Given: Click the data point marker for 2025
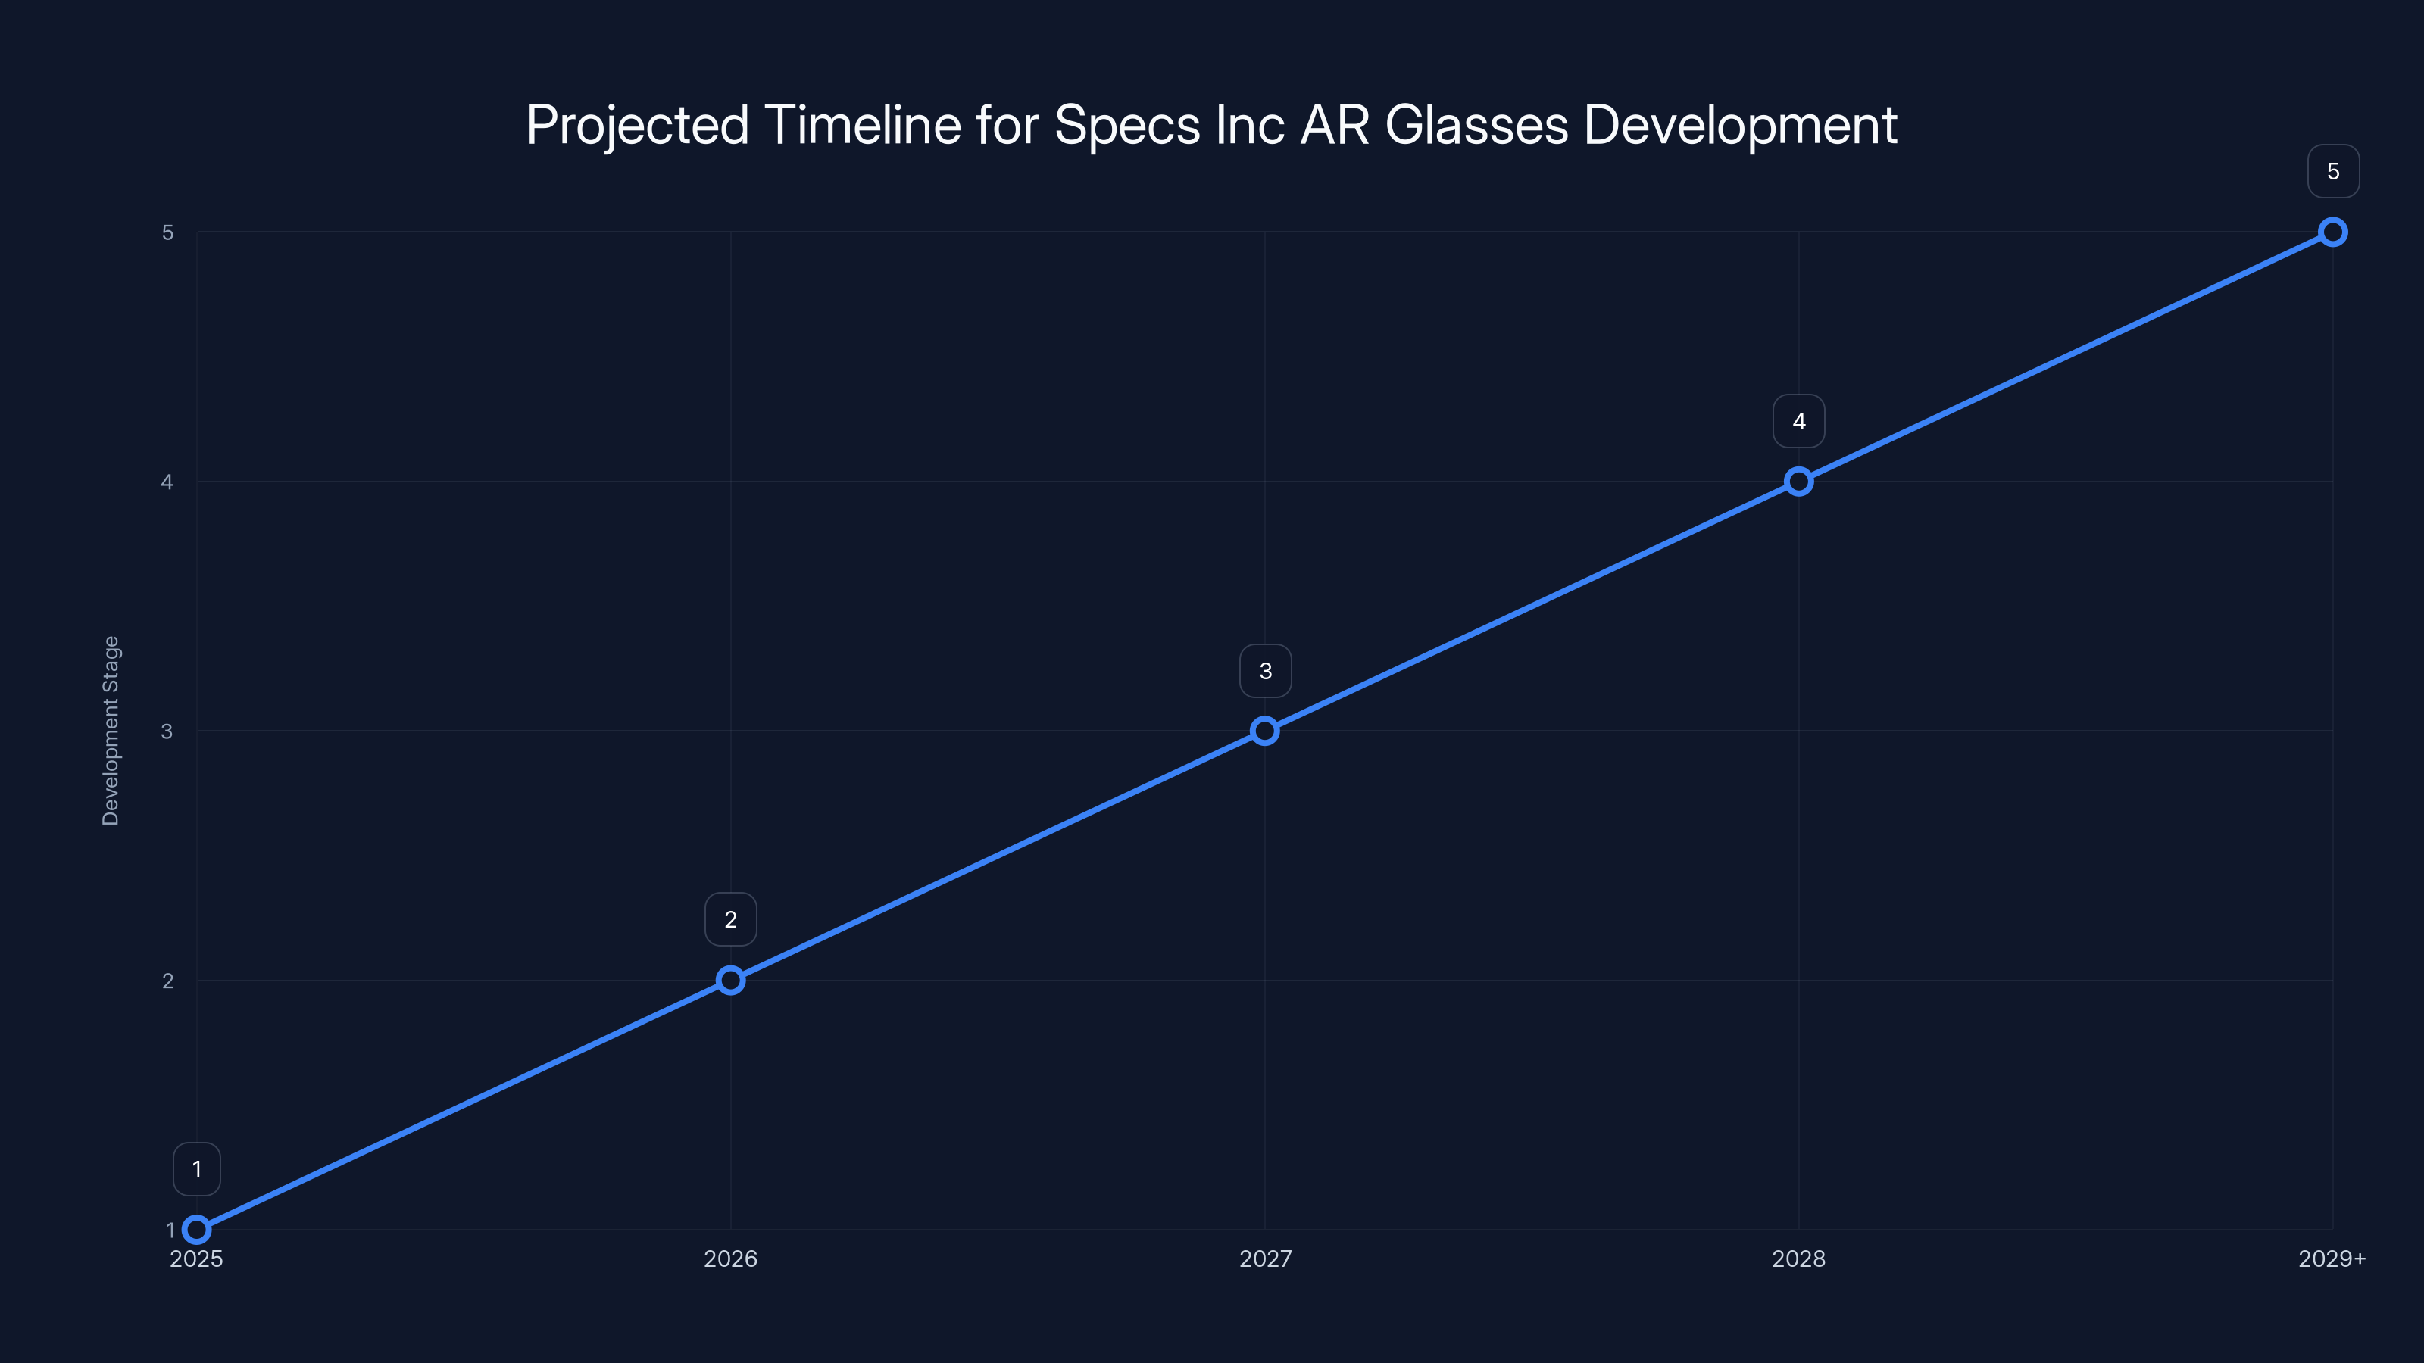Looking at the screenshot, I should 197,1230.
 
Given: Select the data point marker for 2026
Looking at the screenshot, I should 730,980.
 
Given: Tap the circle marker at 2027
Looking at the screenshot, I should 1265,731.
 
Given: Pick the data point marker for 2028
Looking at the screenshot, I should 1798,482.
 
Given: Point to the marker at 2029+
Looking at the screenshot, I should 2333,232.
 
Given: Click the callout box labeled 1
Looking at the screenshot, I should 197,1169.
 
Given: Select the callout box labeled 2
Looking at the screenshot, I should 730,919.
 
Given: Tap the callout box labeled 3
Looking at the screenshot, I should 1265,671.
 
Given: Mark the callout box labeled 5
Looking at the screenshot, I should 2333,171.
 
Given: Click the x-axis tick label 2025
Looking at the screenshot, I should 197,1259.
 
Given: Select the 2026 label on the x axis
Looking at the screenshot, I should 730,1259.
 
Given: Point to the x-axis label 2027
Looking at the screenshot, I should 1265,1259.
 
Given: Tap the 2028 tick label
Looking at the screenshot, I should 1798,1259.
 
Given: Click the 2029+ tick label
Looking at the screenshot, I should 2331,1259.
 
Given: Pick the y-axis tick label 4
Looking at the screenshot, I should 167,482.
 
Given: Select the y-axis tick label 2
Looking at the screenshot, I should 167,980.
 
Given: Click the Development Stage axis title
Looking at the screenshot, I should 111,731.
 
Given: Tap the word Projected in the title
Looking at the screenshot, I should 637,125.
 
